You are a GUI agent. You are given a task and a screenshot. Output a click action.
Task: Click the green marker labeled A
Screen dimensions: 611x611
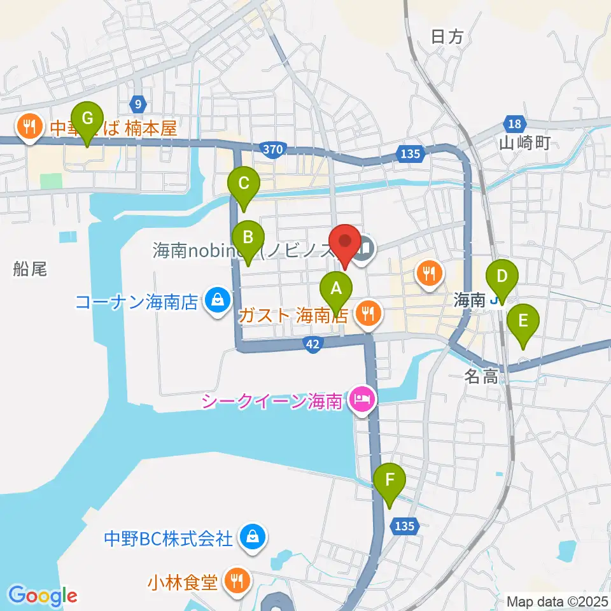point(337,289)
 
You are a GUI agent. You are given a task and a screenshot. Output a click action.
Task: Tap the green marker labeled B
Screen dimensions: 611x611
point(248,238)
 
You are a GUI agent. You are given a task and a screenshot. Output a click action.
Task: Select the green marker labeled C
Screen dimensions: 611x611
point(243,183)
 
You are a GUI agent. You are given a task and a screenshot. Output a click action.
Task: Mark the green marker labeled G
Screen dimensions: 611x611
point(88,118)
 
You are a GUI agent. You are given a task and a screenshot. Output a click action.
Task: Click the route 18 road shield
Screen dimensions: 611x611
point(514,123)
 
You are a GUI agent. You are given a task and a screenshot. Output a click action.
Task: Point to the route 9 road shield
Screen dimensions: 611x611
point(138,102)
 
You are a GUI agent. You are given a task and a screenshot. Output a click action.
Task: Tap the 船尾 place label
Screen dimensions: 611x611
point(30,269)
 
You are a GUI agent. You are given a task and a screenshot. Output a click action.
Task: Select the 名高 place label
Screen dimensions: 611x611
point(481,377)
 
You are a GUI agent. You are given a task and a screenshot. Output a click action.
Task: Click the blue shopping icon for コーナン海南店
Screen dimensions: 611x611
point(218,299)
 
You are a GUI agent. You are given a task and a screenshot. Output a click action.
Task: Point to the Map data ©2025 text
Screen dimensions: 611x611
point(557,601)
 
